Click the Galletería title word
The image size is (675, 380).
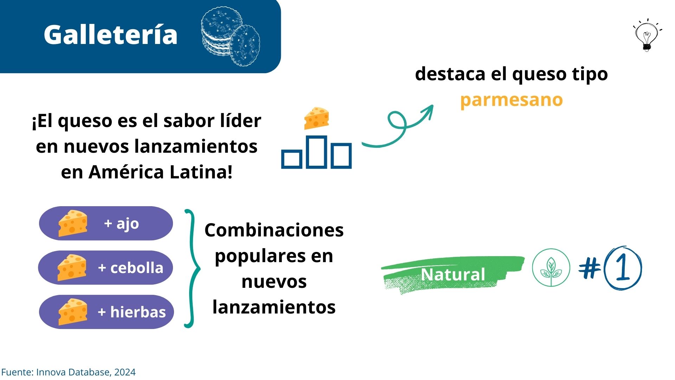coord(110,35)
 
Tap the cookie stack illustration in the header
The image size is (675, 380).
coord(230,36)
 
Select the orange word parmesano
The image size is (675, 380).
coord(512,100)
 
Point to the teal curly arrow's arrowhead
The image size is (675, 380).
coord(429,109)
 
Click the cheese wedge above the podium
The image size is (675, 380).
coord(316,118)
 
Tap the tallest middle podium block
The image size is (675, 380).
coord(316,151)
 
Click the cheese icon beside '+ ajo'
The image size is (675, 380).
coord(73,223)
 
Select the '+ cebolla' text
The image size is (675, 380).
coord(131,268)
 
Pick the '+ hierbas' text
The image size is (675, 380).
coord(132,312)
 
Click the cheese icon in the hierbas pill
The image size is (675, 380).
coord(73,312)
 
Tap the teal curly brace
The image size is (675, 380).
coord(192,268)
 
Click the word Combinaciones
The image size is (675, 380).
coord(274,230)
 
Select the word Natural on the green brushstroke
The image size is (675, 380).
coord(453,274)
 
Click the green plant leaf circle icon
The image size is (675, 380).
coord(551,268)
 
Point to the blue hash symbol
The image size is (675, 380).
coord(590,268)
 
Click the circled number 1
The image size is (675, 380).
coord(623,268)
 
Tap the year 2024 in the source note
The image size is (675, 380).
coord(125,372)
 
